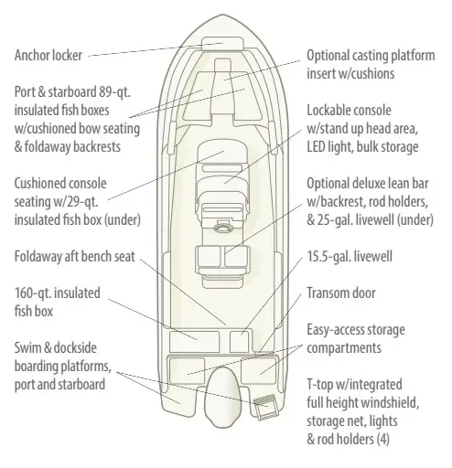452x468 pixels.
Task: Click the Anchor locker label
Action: (48, 56)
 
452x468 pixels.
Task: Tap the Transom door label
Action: (341, 293)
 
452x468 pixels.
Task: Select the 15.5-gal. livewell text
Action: (350, 257)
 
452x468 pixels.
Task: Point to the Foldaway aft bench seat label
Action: (74, 257)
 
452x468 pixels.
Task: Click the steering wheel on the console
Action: (223, 228)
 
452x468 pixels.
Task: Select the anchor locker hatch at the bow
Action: (222, 43)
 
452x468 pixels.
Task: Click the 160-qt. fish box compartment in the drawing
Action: (194, 342)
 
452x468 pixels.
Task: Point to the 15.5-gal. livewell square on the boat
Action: (240, 342)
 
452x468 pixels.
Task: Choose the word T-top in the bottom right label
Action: (320, 385)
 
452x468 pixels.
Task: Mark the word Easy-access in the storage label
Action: (335, 330)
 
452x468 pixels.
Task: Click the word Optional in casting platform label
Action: (328, 56)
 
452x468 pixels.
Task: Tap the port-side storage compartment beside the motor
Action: (187, 370)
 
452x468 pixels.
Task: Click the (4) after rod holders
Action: (382, 440)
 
